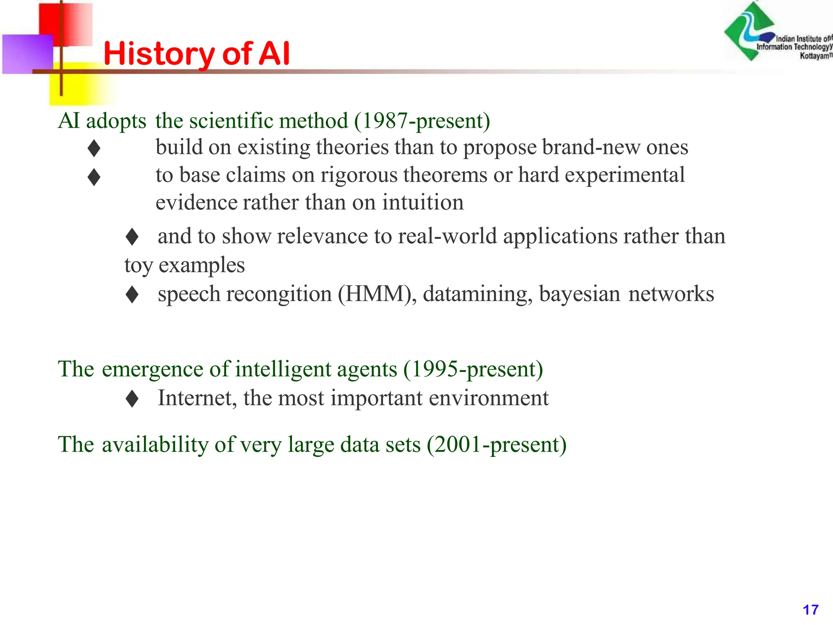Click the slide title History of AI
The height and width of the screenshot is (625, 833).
[197, 54]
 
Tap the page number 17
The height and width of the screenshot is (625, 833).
[810, 610]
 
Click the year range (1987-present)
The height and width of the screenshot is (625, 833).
[422, 121]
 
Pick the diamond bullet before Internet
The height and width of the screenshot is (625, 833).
[132, 399]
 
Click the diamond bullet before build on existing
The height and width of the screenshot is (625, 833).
[94, 148]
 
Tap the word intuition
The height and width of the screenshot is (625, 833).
[423, 202]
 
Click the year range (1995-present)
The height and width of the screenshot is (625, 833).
[473, 369]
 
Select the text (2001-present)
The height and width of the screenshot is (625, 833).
[497, 444]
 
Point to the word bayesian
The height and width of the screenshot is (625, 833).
[579, 294]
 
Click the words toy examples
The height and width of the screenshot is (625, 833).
[184, 265]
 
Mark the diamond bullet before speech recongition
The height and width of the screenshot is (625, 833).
[132, 295]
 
